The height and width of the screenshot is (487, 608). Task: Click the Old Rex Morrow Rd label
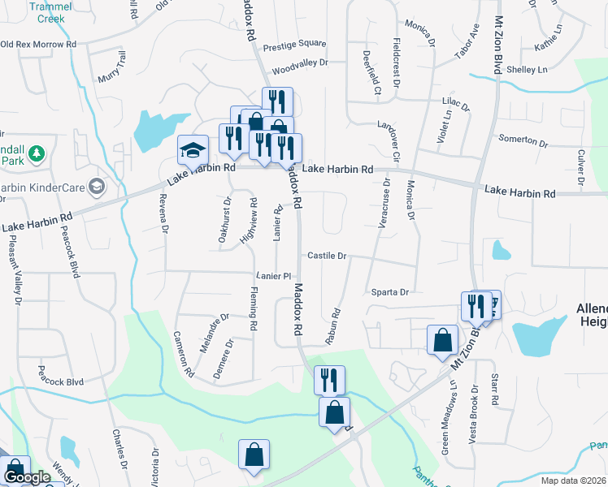click(38, 44)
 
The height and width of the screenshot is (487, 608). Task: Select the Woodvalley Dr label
click(300, 62)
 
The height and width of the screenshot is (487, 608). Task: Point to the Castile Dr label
click(327, 256)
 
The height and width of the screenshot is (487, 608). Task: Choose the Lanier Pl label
click(273, 276)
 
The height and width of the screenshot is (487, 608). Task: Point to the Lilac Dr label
click(455, 103)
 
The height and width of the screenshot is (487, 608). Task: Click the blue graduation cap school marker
click(193, 150)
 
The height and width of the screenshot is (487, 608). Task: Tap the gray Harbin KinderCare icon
click(98, 187)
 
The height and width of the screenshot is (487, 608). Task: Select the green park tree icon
click(36, 153)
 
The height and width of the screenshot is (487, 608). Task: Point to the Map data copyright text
click(574, 481)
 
